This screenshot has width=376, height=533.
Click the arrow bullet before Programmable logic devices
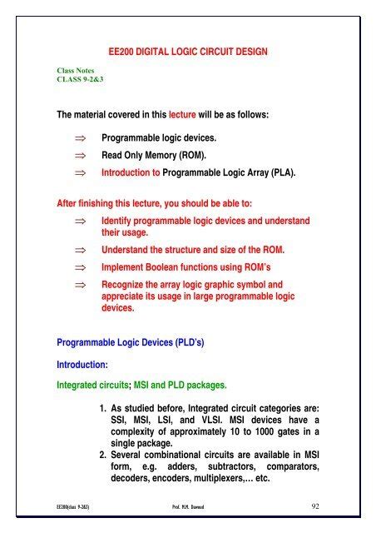tap(79, 139)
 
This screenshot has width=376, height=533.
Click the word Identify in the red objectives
tap(118, 220)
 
